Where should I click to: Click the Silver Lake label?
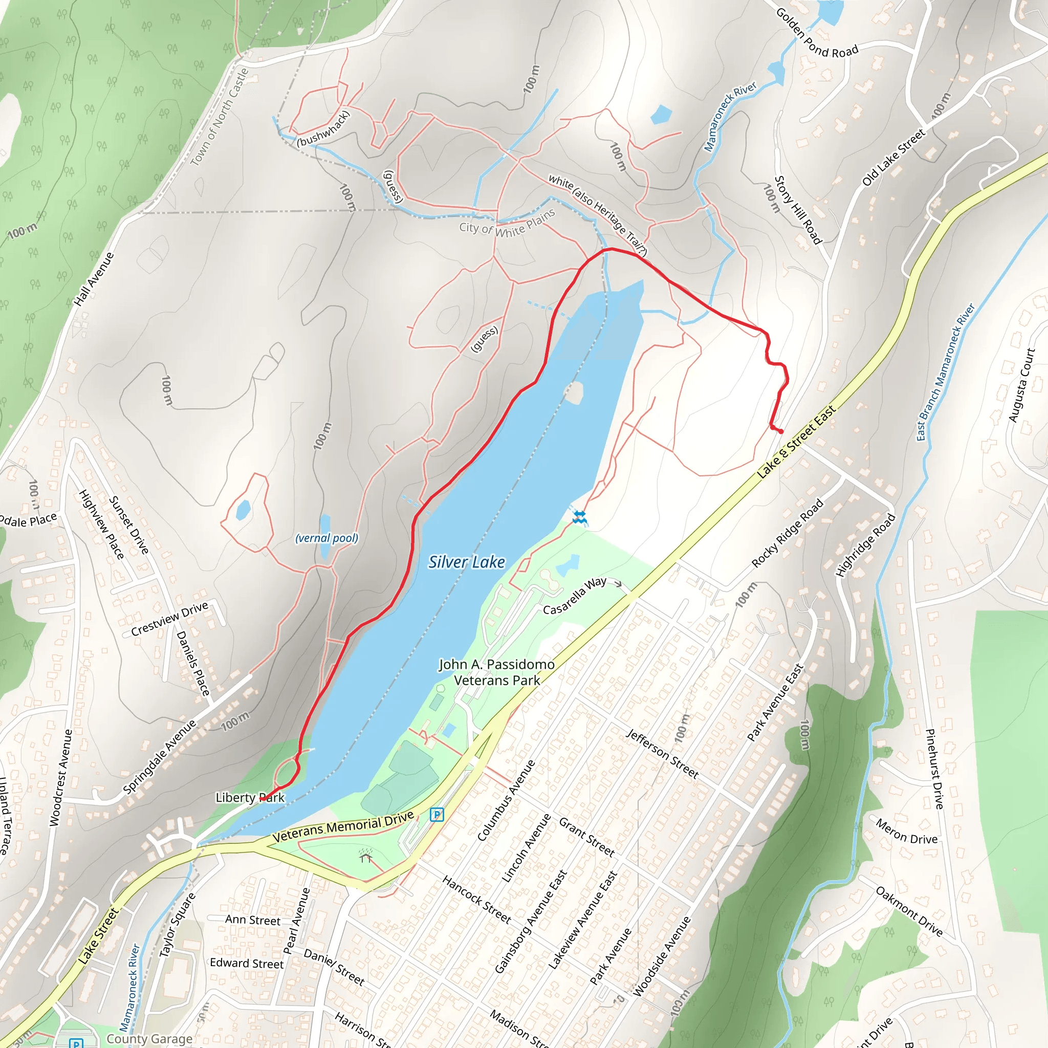click(x=467, y=562)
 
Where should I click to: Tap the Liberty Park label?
click(x=250, y=797)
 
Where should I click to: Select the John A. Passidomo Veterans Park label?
click(x=496, y=672)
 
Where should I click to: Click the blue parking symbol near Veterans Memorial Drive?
click(x=436, y=814)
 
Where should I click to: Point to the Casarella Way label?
click(x=575, y=596)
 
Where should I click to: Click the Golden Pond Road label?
click(x=816, y=34)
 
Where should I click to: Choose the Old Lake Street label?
click(x=893, y=157)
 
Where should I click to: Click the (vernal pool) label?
click(x=326, y=538)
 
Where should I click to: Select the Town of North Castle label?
click(x=220, y=117)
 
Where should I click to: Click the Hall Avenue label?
click(x=94, y=279)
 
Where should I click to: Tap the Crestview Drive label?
click(x=170, y=619)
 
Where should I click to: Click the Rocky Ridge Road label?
click(x=788, y=533)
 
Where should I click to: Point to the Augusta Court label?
click(x=1021, y=385)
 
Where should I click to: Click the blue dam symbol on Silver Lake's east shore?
click(x=580, y=517)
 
